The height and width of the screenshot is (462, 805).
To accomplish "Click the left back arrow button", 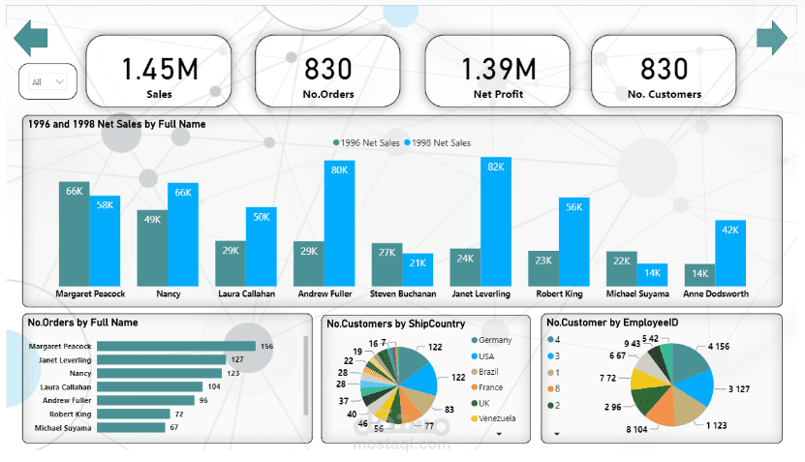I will tap(30, 39).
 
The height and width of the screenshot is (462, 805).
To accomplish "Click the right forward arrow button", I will tap(772, 38).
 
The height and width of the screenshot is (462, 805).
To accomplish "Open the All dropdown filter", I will tap(47, 82).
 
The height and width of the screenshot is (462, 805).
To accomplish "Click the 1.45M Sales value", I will tap(159, 69).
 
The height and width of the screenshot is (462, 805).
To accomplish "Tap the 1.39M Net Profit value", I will tap(498, 69).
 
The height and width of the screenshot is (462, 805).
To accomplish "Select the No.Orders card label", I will tap(328, 95).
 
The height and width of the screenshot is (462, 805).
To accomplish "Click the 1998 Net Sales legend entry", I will tap(441, 143).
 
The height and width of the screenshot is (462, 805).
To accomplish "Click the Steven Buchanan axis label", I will tap(402, 293).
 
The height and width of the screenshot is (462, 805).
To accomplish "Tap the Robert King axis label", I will tap(559, 293).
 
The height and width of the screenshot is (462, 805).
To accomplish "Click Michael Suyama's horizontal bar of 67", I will tap(132, 427).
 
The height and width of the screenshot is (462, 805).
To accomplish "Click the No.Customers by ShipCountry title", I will tap(396, 323).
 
